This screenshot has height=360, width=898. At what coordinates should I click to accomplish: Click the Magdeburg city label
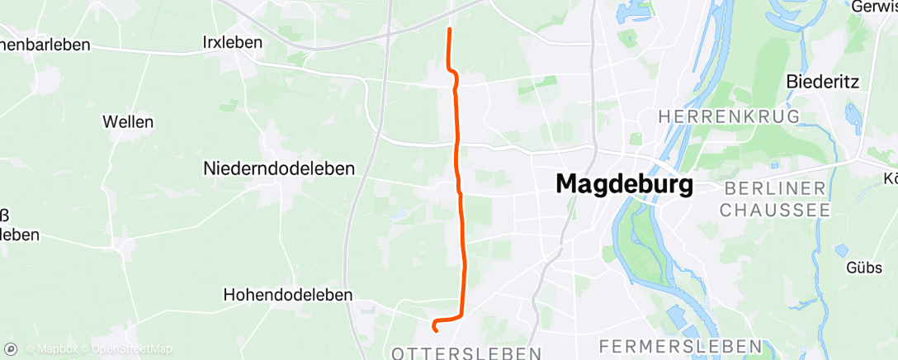pyautogui.click(x=624, y=183)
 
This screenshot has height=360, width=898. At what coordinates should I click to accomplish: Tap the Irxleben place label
pyautogui.click(x=232, y=42)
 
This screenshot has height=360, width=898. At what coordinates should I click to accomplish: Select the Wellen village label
pyautogui.click(x=128, y=121)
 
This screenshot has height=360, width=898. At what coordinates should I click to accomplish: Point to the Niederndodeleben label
pyautogui.click(x=279, y=168)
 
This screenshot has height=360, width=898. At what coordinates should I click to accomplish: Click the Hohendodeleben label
pyautogui.click(x=288, y=295)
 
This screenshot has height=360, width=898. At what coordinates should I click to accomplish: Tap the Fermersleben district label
pyautogui.click(x=680, y=344)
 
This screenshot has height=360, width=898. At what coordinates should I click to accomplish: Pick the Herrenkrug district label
pyautogui.click(x=729, y=116)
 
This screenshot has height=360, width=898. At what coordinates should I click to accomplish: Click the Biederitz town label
pyautogui.click(x=823, y=82)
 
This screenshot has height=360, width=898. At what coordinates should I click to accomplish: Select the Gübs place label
pyautogui.click(x=863, y=268)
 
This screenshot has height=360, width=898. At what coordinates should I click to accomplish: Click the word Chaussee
pyautogui.click(x=775, y=211)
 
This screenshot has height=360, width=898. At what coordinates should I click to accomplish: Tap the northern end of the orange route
pyautogui.click(x=449, y=30)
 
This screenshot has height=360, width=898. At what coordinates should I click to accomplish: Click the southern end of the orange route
pyautogui.click(x=434, y=330)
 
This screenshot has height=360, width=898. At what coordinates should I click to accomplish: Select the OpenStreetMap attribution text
pyautogui.click(x=132, y=349)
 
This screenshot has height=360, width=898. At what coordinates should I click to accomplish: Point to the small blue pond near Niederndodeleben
pyautogui.click(x=399, y=213)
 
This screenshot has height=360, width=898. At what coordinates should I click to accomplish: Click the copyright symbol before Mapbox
pyautogui.click(x=30, y=349)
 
